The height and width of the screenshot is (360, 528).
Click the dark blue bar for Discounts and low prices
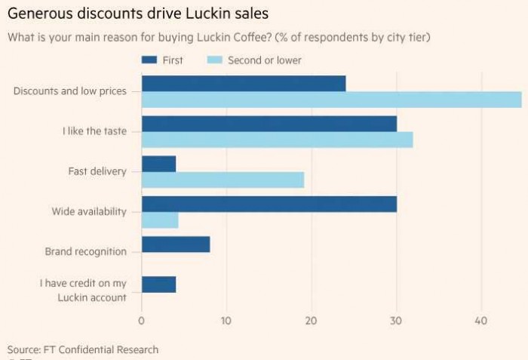pos(244,83)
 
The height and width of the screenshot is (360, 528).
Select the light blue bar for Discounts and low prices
pos(331,100)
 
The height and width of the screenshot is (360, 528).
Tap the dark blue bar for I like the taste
pos(269,124)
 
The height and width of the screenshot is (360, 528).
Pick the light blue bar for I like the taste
pos(277,140)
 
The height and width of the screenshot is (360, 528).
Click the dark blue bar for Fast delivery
pos(158,163)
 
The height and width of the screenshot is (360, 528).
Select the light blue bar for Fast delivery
pos(223,180)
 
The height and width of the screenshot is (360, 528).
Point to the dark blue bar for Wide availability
pos(269,204)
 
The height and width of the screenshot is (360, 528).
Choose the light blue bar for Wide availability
pos(160,220)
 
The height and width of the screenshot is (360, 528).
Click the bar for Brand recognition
pos(176,245)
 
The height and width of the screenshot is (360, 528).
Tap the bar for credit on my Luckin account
pos(158,285)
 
